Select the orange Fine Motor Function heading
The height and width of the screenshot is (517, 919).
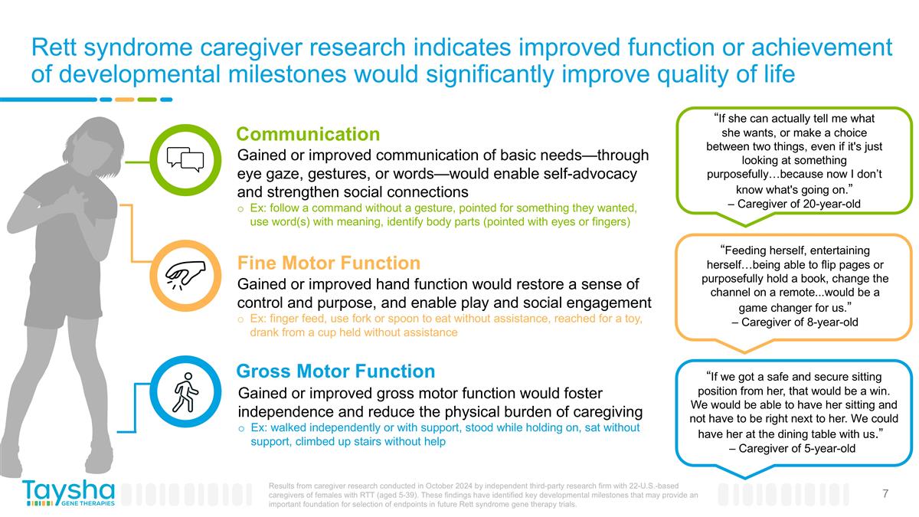click(328, 263)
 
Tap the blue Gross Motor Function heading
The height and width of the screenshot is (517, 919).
click(335, 371)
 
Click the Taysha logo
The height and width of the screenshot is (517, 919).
click(68, 492)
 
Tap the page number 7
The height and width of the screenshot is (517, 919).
click(885, 494)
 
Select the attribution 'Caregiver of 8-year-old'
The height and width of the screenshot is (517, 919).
click(794, 322)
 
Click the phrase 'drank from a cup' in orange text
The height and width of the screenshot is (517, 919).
click(295, 332)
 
